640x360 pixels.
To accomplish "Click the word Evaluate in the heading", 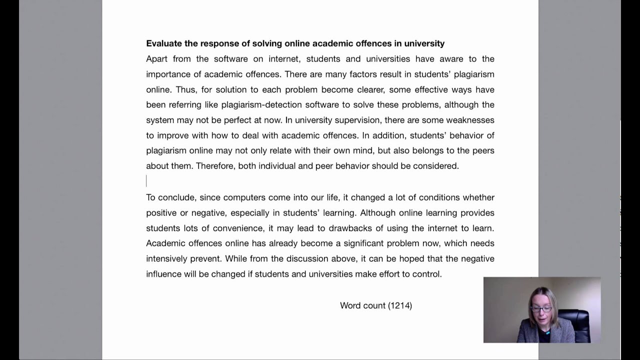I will point(164,43).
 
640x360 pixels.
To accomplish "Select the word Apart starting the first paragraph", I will point(157,59).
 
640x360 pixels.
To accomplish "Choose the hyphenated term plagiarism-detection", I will point(261,105).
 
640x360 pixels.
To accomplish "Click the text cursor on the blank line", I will point(146,181).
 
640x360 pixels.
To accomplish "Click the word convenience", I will point(238,228).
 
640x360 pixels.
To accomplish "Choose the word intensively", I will point(166,258).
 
